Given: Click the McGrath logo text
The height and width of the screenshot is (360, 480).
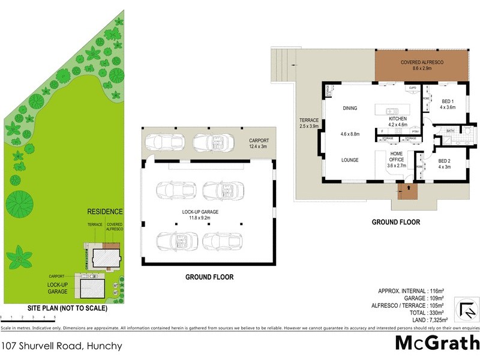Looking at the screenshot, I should (x=437, y=344).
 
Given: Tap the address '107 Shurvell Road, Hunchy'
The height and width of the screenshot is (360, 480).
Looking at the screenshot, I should (x=62, y=346).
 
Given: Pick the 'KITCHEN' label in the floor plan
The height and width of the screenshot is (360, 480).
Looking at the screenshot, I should (x=397, y=119).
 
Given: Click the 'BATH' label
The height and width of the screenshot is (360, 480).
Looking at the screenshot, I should (x=449, y=130).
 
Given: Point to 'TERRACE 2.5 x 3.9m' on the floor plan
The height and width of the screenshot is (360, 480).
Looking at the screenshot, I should (x=310, y=123).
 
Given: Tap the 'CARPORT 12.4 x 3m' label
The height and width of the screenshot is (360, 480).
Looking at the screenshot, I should (x=259, y=143).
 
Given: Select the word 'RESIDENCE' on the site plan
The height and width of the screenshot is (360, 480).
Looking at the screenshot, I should (x=105, y=212).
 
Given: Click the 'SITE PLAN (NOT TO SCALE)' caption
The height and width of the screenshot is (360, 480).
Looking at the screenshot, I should (x=67, y=308).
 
